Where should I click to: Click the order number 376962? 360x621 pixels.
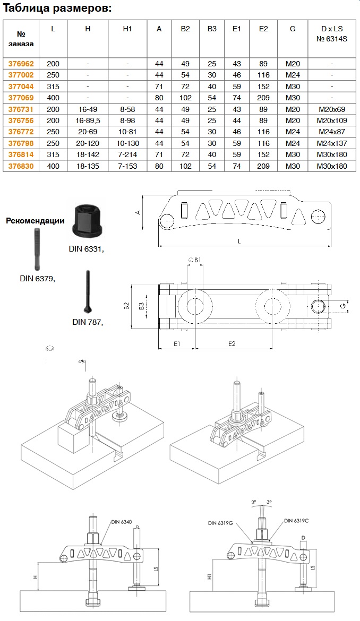click(x=21, y=64)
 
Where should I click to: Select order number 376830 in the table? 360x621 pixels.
click(x=21, y=166)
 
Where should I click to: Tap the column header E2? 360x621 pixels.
click(x=263, y=29)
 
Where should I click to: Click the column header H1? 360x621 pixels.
click(x=127, y=29)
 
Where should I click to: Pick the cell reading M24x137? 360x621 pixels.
click(x=332, y=142)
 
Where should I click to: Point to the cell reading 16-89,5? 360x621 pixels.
click(x=88, y=120)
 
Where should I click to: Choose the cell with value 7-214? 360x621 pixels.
click(x=127, y=154)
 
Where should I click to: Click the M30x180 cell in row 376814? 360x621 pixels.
click(x=332, y=154)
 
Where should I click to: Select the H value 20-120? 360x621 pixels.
click(x=88, y=142)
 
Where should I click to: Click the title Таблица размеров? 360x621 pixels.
click(x=58, y=8)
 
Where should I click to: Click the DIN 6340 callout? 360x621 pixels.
click(x=122, y=522)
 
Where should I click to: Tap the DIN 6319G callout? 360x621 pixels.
click(x=221, y=523)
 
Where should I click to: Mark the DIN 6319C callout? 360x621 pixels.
click(x=296, y=521)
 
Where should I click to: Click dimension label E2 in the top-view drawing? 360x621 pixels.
click(x=232, y=343)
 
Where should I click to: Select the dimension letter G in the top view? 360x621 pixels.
click(x=343, y=306)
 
